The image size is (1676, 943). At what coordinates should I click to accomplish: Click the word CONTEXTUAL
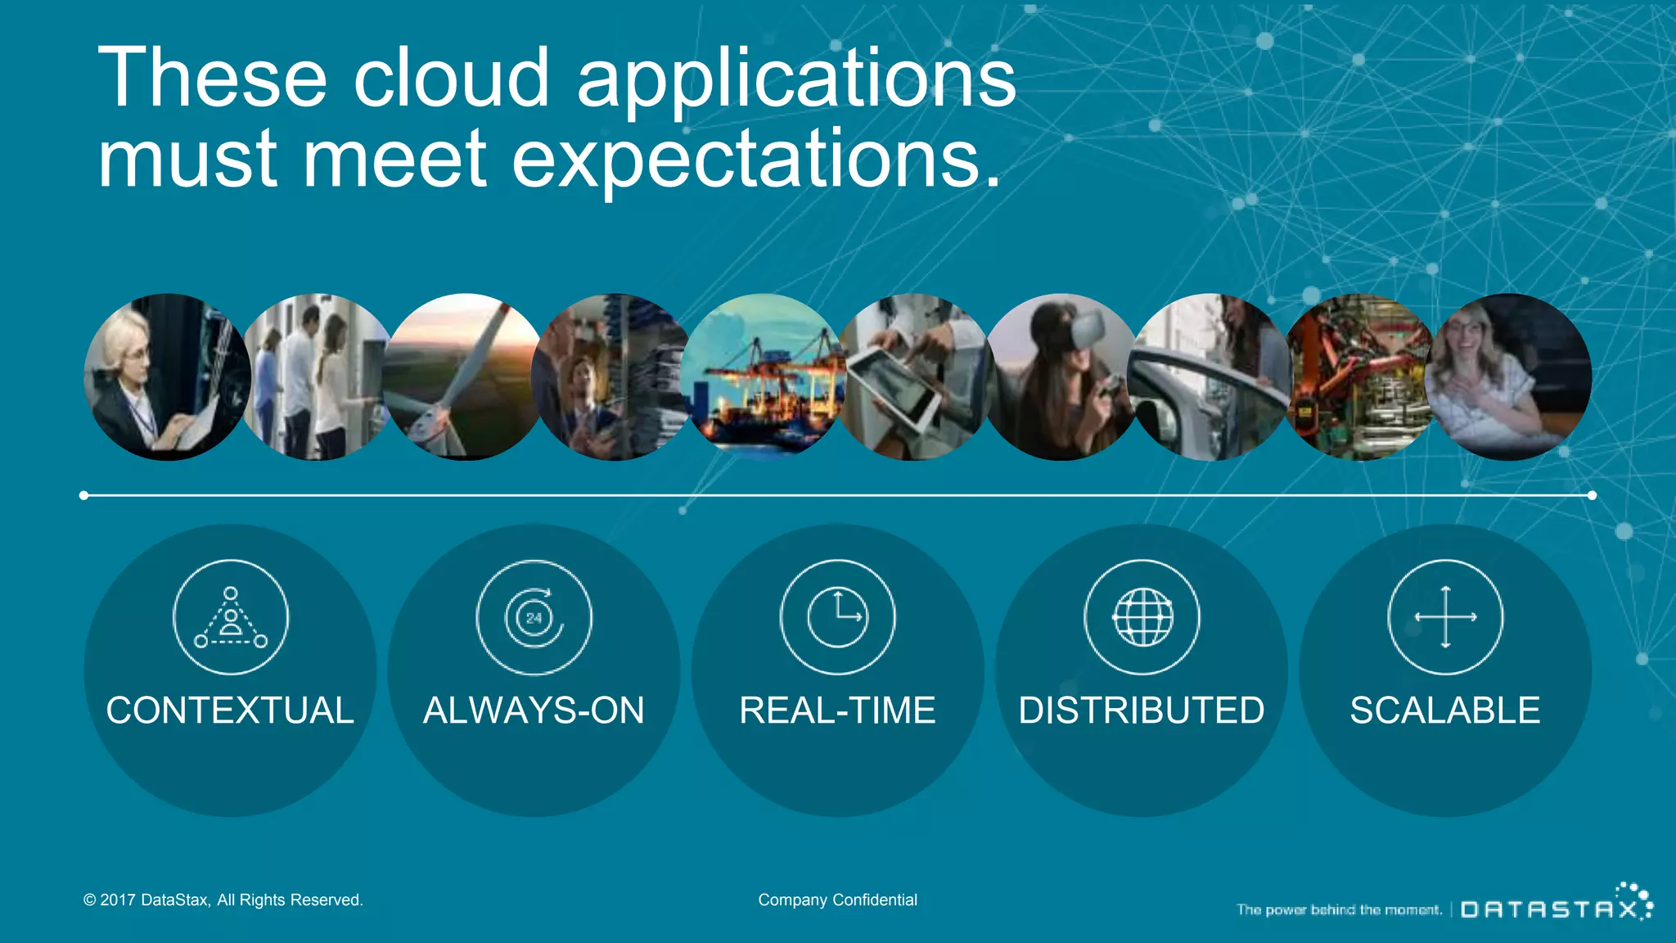pyautogui.click(x=230, y=711)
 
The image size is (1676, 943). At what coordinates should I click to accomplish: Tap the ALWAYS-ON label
pyautogui.click(x=534, y=711)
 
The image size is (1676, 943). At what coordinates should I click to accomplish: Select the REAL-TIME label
pyautogui.click(x=837, y=711)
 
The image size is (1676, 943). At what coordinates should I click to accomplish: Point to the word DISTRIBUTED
pyautogui.click(x=1142, y=711)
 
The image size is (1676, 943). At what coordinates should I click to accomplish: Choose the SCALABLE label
pyautogui.click(x=1445, y=711)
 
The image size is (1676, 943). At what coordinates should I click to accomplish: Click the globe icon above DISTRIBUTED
pyautogui.click(x=1142, y=617)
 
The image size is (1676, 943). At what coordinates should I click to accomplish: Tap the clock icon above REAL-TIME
pyautogui.click(x=837, y=617)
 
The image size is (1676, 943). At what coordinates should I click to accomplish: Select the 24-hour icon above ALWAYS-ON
pyautogui.click(x=534, y=617)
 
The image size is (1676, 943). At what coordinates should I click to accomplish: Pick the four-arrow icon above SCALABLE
pyautogui.click(x=1445, y=617)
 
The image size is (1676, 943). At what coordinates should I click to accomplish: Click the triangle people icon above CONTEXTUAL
pyautogui.click(x=230, y=617)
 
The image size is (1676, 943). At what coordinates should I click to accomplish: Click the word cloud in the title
pyautogui.click(x=451, y=78)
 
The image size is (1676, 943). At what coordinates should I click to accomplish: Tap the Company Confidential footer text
pyautogui.click(x=837, y=900)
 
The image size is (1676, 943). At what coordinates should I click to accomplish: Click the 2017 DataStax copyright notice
pyautogui.click(x=223, y=900)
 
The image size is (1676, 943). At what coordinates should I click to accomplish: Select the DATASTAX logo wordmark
pyautogui.click(x=1551, y=909)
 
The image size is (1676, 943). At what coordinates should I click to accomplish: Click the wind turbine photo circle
pyautogui.click(x=465, y=377)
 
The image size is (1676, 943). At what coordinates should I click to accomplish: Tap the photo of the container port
pyautogui.click(x=763, y=377)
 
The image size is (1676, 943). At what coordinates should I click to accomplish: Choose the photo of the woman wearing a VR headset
pyautogui.click(x=1061, y=377)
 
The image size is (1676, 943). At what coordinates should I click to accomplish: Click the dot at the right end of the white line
pyautogui.click(x=1592, y=495)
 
